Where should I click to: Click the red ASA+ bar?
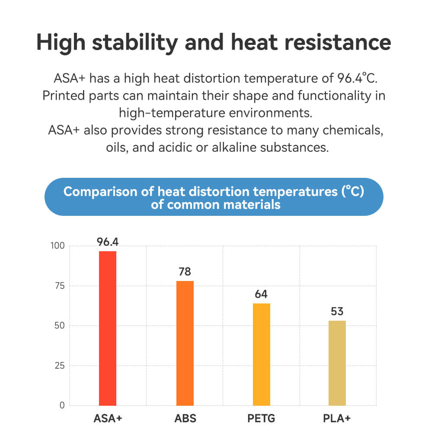[108, 328]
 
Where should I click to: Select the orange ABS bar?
[185, 343]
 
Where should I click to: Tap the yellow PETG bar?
[261, 354]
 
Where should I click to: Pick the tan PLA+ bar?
[337, 363]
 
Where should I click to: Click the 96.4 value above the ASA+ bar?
[108, 242]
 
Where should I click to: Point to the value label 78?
[185, 272]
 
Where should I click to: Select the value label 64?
[261, 294]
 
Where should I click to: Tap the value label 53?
[337, 312]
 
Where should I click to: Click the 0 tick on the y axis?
[61, 405]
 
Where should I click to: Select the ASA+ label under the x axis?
[108, 419]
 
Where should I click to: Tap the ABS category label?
[185, 419]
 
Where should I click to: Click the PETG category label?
[261, 419]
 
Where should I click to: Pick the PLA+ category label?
[337, 419]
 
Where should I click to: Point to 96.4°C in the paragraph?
[357, 79]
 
